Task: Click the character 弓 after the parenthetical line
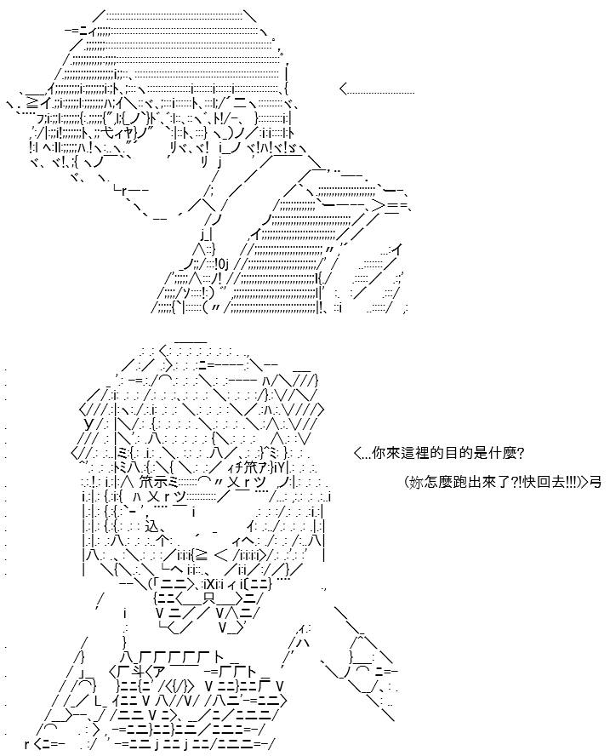click(x=596, y=482)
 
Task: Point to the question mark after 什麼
click(x=521, y=453)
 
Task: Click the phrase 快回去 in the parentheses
click(x=544, y=482)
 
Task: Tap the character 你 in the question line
click(x=379, y=453)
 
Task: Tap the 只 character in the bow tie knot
click(x=208, y=598)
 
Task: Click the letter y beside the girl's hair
click(x=88, y=424)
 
